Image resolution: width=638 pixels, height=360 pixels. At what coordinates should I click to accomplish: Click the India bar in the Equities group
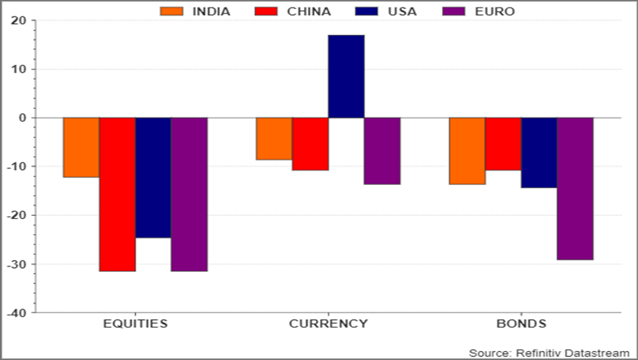tap(81, 147)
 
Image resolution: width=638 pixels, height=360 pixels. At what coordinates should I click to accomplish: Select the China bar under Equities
tap(117, 194)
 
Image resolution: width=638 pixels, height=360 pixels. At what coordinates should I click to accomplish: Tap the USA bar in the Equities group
tap(153, 177)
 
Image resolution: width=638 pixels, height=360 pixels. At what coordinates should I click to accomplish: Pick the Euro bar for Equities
tap(189, 194)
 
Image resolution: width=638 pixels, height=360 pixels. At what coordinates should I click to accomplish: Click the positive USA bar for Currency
tap(346, 76)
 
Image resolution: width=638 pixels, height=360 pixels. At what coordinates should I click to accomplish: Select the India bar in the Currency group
tap(274, 139)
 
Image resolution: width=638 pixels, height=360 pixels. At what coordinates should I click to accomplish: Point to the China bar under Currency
tap(310, 144)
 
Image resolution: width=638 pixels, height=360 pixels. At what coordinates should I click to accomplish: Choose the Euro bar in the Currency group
tap(382, 151)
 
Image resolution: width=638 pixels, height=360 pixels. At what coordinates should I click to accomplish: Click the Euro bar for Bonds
tap(575, 189)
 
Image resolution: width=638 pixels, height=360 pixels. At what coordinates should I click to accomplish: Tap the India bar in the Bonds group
tap(467, 151)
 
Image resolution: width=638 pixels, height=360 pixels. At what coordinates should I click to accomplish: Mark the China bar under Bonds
tap(503, 144)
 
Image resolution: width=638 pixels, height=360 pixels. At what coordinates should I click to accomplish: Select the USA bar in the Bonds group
tap(539, 152)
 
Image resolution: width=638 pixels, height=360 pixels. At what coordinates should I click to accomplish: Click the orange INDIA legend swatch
tap(172, 11)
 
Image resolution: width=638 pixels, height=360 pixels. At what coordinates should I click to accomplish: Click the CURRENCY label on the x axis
tap(328, 324)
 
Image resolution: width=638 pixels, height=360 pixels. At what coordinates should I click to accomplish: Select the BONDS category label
tap(521, 324)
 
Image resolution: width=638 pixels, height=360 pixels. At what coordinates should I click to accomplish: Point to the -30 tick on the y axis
tap(16, 264)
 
